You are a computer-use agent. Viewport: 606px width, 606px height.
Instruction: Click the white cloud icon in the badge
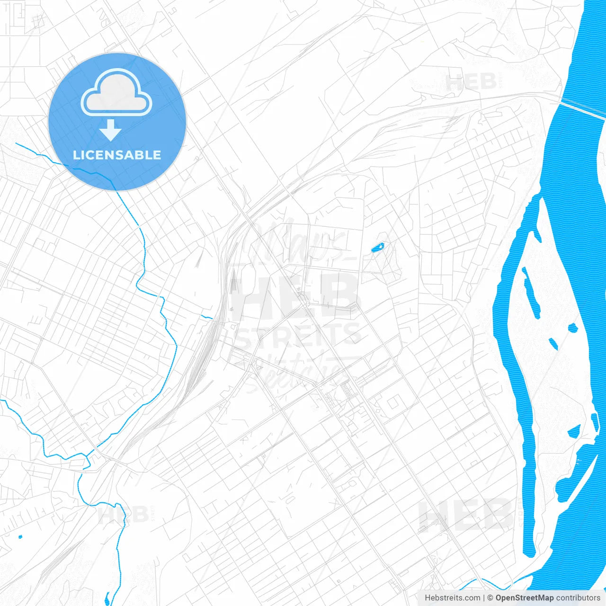[116, 93]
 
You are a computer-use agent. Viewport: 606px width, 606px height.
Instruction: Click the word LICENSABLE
[117, 155]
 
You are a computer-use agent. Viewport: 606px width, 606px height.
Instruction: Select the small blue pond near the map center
[378, 247]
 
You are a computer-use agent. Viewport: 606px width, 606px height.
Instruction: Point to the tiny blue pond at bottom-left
[20, 537]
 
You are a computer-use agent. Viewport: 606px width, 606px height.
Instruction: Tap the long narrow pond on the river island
[531, 291]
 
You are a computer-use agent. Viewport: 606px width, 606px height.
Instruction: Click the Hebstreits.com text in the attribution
[452, 598]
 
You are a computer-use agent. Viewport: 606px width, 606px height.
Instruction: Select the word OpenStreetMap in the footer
[525, 598]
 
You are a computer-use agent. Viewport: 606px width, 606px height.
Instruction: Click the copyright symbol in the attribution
[490, 598]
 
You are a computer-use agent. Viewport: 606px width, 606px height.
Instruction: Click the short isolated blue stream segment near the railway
[207, 316]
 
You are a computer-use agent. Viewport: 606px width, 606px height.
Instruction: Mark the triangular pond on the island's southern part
[574, 431]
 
